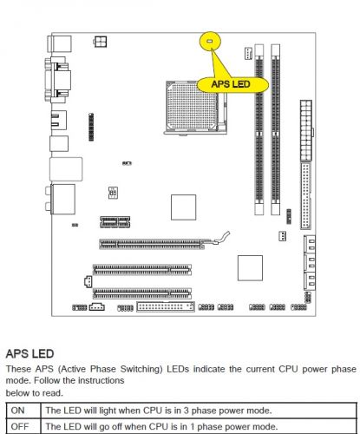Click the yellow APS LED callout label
[x=232, y=84]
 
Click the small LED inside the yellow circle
[x=210, y=41]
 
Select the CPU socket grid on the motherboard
[x=193, y=107]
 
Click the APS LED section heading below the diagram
[x=29, y=353]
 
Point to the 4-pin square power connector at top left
[x=100, y=42]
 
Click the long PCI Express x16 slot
[x=152, y=244]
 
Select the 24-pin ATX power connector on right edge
[x=306, y=130]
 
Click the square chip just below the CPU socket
[x=183, y=207]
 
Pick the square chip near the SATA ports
[x=250, y=268]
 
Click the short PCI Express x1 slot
[x=115, y=222]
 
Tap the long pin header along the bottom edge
[x=166, y=306]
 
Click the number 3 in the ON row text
[x=187, y=411]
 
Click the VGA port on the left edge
[x=58, y=80]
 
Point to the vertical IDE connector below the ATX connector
[x=306, y=195]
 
